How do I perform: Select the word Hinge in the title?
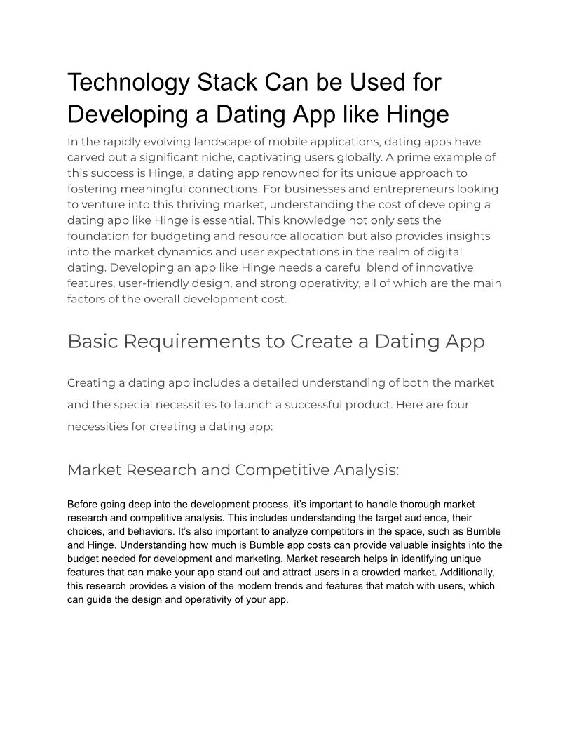click(413, 114)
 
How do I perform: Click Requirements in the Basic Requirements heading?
click(203, 342)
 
